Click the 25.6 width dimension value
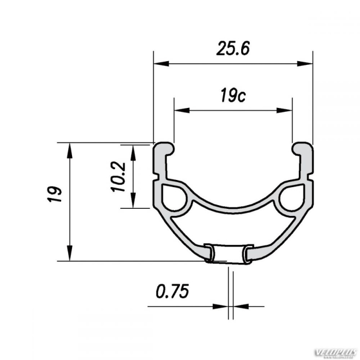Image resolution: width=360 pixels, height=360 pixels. (x=232, y=49)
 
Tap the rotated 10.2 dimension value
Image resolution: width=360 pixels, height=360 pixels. (x=118, y=176)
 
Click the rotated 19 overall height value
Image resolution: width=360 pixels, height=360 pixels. (x=55, y=194)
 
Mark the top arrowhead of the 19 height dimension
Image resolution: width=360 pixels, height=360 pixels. (x=69, y=150)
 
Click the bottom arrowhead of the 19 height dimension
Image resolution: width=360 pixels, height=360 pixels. (x=69, y=254)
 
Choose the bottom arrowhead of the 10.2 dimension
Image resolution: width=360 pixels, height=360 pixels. (x=133, y=202)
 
